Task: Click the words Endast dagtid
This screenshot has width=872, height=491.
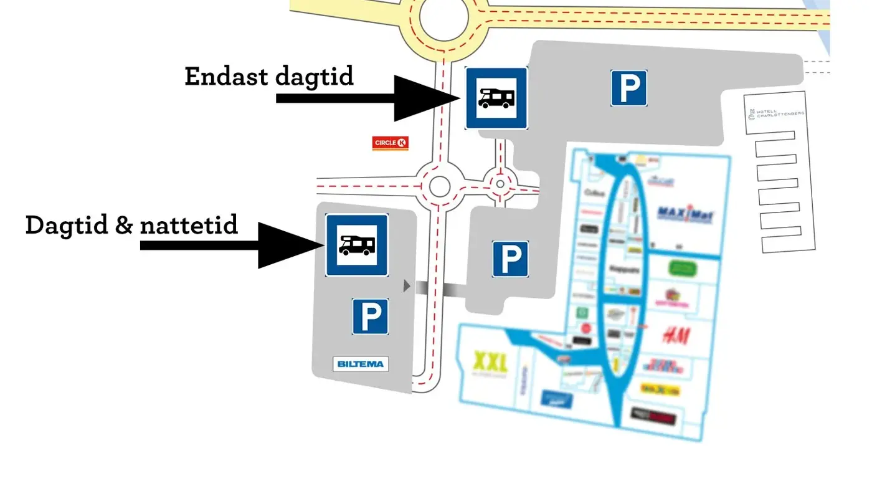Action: pyautogui.click(x=269, y=76)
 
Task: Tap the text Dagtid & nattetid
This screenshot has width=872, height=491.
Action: pyautogui.click(x=131, y=224)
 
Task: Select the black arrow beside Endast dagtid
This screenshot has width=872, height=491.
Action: pyautogui.click(x=367, y=98)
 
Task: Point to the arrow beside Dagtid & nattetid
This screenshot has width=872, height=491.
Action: pyautogui.click(x=230, y=245)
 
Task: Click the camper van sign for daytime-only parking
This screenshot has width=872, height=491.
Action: pyautogui.click(x=496, y=98)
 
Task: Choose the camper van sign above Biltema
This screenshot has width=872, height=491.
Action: pyautogui.click(x=357, y=245)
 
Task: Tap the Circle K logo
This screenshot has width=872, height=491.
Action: pyautogui.click(x=390, y=143)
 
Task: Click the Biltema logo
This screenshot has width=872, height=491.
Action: pyautogui.click(x=361, y=364)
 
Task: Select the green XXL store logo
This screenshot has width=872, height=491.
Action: pyautogui.click(x=491, y=361)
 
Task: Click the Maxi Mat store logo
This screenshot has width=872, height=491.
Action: pyautogui.click(x=686, y=214)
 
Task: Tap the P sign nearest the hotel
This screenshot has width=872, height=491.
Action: pyautogui.click(x=628, y=88)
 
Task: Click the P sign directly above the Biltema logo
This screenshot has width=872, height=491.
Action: pyautogui.click(x=371, y=316)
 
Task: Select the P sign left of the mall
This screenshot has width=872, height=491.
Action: pyautogui.click(x=511, y=259)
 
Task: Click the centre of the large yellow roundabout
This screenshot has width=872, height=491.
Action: pyautogui.click(x=444, y=18)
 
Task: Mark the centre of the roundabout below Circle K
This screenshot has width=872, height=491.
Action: pyautogui.click(x=440, y=186)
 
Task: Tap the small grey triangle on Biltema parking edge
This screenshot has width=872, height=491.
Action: pyautogui.click(x=407, y=286)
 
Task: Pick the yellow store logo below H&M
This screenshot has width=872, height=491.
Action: pyautogui.click(x=660, y=389)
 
